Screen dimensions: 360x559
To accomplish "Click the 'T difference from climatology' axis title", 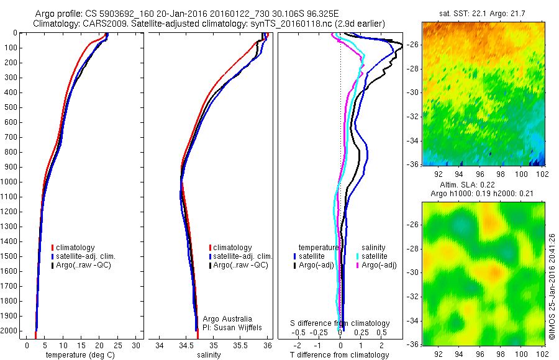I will tap(339, 355).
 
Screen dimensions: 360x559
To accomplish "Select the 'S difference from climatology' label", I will tap(340, 323).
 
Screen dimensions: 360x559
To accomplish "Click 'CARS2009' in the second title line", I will tap(101, 24).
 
